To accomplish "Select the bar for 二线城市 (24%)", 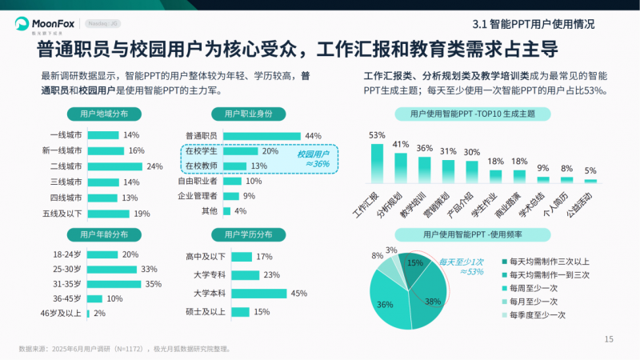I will click(x=114, y=166).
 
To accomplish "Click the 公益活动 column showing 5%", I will click(x=590, y=181).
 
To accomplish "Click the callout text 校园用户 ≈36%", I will click(x=313, y=158).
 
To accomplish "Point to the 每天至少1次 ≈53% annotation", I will click(x=462, y=266).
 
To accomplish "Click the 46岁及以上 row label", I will click(x=62, y=314).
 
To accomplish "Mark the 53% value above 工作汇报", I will click(x=377, y=135).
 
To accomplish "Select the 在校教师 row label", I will click(x=201, y=166).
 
